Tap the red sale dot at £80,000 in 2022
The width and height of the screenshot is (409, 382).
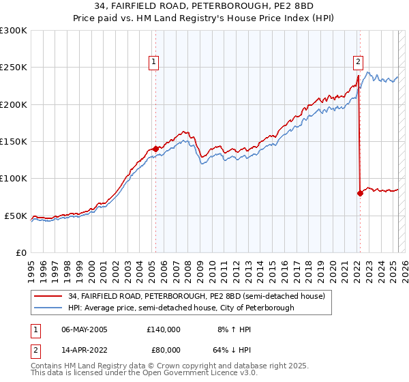pyautogui.click(x=360, y=193)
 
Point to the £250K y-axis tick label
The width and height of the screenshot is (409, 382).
pyautogui.click(x=14, y=68)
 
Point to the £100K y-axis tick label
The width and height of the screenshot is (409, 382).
pyautogui.click(x=14, y=179)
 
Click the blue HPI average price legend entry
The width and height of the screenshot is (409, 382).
pyautogui.click(x=181, y=308)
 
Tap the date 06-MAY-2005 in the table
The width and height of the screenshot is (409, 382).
pyautogui.click(x=85, y=329)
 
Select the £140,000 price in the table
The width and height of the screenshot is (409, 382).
pyautogui.click(x=164, y=329)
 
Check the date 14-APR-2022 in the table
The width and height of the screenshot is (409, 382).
pyautogui.click(x=85, y=349)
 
